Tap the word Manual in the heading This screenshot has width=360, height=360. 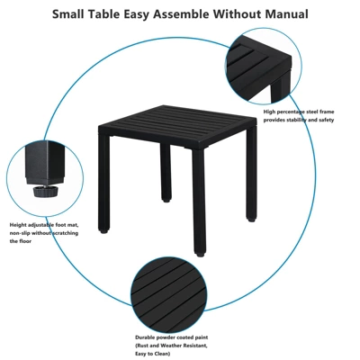(282, 14)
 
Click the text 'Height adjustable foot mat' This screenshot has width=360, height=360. (43, 224)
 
